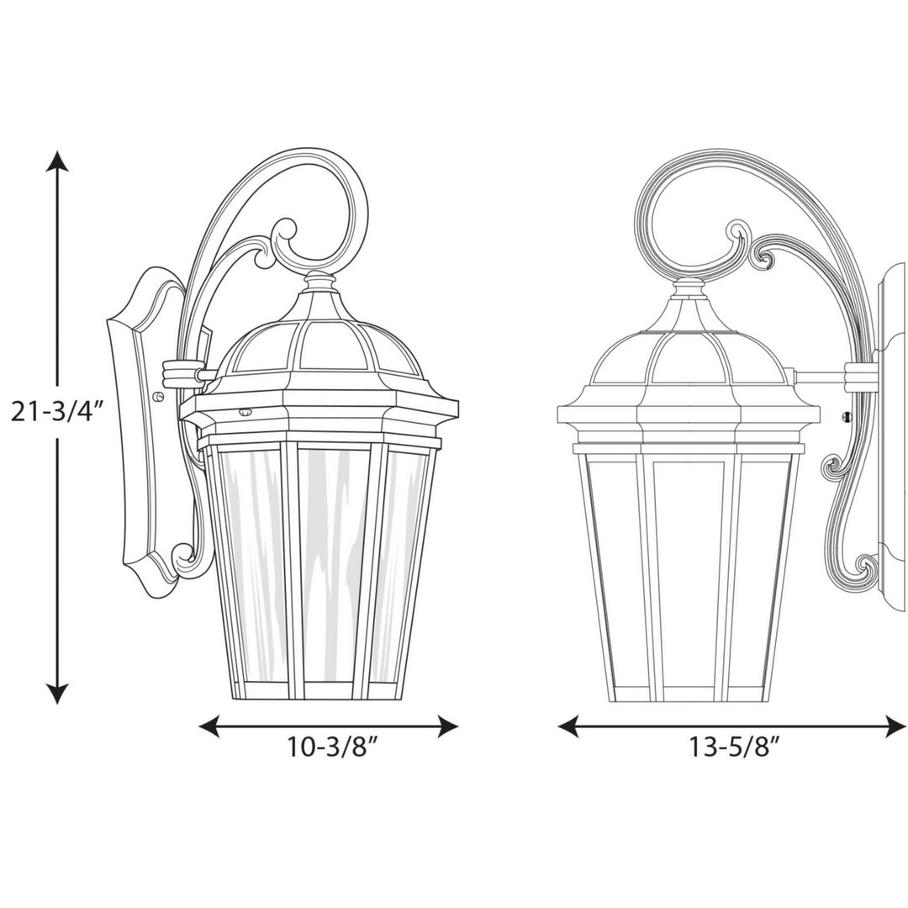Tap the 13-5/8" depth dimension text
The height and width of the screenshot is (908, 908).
pyautogui.click(x=731, y=748)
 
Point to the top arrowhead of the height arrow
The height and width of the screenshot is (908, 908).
pyautogui.click(x=56, y=161)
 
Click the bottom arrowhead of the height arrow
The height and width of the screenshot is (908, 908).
pyautogui.click(x=56, y=694)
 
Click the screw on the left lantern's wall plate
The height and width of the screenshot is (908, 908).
pyautogui.click(x=159, y=393)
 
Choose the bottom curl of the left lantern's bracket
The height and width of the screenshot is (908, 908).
pyautogui.click(x=184, y=555)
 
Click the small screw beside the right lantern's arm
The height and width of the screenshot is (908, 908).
pyautogui.click(x=847, y=416)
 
